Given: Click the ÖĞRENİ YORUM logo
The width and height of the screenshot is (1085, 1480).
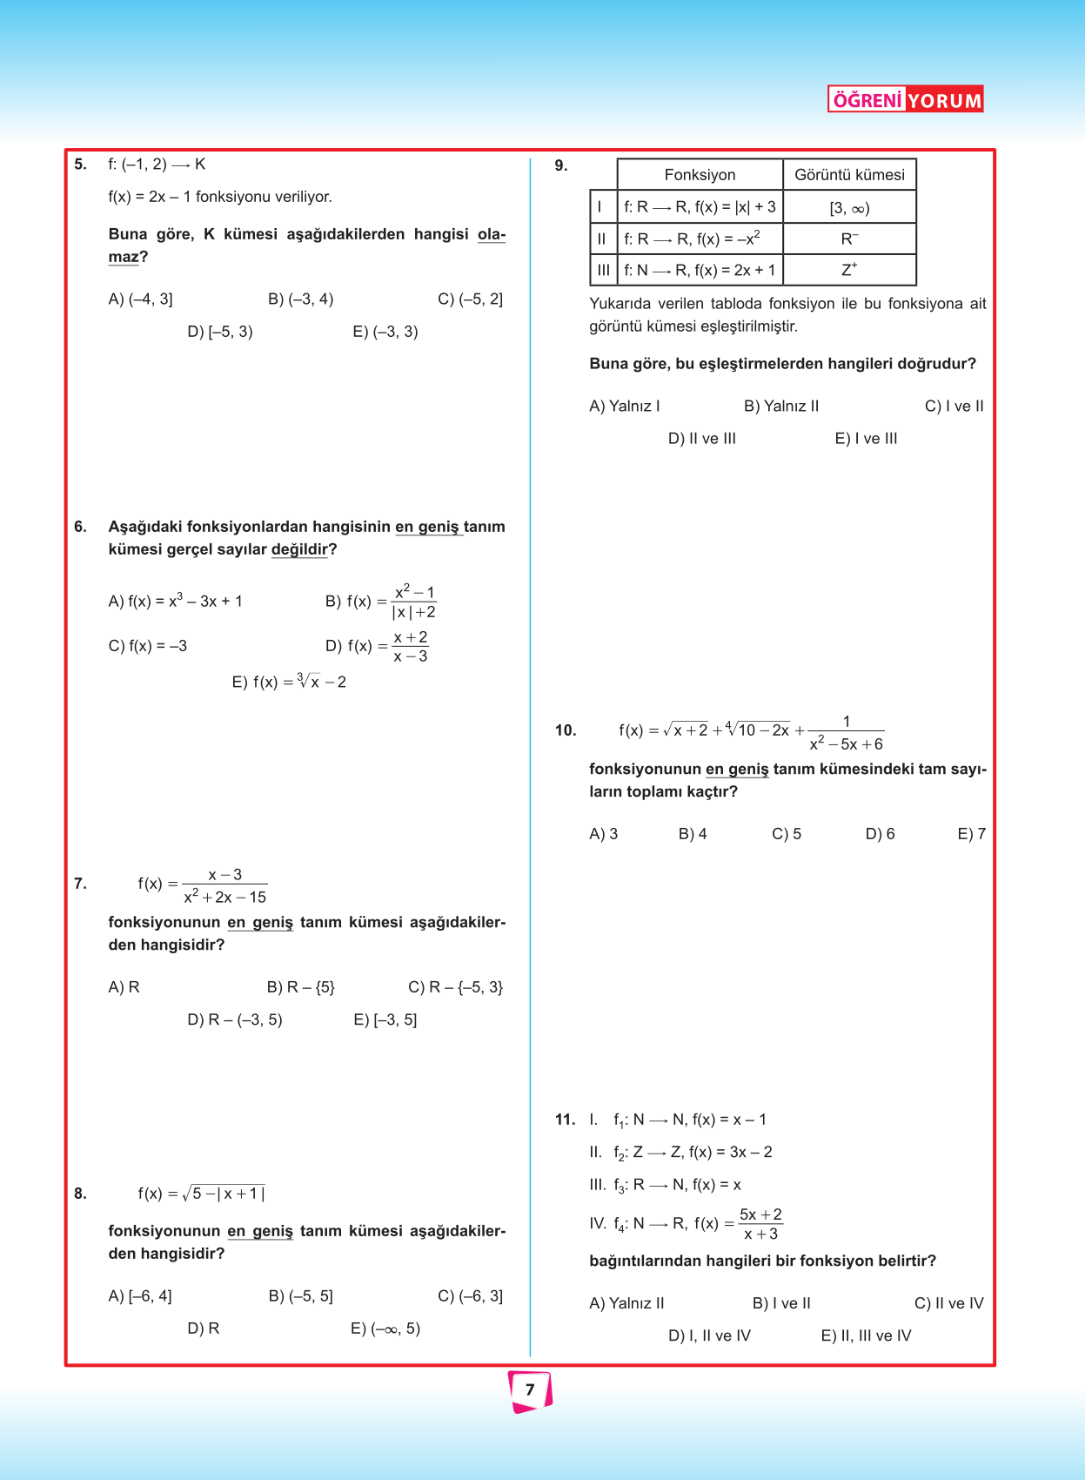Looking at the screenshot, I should [905, 99].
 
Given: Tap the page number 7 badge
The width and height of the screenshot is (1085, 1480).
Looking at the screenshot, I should [530, 1390].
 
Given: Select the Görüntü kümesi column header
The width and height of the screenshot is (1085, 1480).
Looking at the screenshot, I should [849, 175].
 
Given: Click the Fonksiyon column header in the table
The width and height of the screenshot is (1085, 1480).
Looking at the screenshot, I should [700, 175].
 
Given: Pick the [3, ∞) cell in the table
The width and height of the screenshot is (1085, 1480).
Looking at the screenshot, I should [849, 208].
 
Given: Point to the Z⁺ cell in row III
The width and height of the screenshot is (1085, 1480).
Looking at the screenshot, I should [849, 270].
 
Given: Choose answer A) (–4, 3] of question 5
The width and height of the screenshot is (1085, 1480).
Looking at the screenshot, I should [140, 299].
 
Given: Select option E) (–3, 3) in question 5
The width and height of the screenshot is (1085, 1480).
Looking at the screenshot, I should [385, 332].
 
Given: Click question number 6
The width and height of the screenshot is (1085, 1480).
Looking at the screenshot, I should [81, 527].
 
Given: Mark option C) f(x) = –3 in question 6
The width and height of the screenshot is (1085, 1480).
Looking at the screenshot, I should [147, 646].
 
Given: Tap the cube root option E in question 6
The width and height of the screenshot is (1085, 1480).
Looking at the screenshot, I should [289, 682].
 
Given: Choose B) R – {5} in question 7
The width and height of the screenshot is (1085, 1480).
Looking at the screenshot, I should [300, 987].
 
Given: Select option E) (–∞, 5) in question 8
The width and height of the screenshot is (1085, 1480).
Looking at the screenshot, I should [385, 1329].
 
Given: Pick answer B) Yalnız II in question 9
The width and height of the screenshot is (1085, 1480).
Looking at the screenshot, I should [780, 407].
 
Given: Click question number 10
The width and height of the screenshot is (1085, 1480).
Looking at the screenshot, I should [566, 730].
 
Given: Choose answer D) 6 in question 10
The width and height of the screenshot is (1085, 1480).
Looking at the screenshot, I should [880, 834].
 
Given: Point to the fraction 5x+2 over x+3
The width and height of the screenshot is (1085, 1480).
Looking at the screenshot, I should [760, 1224].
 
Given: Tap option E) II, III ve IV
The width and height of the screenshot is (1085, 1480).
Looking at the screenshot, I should [866, 1335].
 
